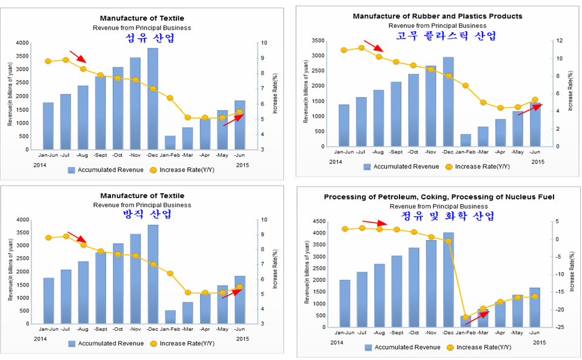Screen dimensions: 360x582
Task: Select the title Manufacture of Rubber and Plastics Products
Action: coord(437,16)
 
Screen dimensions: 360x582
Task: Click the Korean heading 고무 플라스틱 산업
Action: coord(437,36)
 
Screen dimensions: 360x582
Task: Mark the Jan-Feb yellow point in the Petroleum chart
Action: coord(466,317)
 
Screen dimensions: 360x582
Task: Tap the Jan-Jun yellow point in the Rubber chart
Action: coord(344,50)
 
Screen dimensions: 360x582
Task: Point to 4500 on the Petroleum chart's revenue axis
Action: coord(326,221)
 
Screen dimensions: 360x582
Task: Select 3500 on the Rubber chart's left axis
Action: coord(318,41)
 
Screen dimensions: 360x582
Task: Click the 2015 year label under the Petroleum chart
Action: coord(539,343)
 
